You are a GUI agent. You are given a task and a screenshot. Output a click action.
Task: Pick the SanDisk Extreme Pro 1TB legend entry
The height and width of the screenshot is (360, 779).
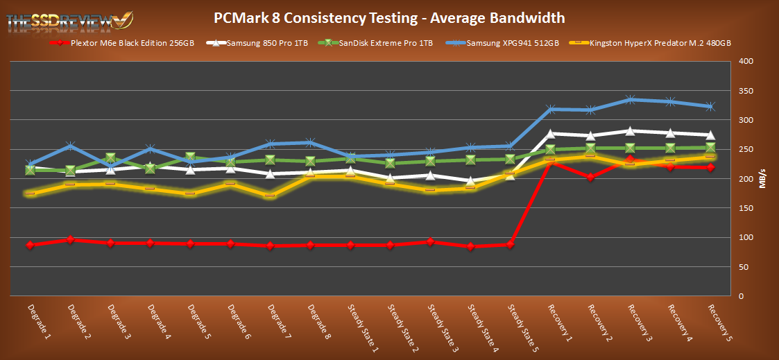pos(380,43)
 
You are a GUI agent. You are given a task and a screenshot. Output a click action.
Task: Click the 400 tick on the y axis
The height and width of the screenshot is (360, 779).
pos(744,62)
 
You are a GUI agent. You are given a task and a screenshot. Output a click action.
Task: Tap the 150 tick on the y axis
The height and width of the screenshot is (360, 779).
pos(744,208)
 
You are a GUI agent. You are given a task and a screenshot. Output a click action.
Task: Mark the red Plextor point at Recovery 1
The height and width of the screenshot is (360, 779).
pos(550,162)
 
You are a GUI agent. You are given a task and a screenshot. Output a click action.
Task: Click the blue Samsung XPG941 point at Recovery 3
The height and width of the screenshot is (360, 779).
pos(631,100)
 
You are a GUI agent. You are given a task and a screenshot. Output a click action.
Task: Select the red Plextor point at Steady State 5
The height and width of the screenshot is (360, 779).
pos(511,244)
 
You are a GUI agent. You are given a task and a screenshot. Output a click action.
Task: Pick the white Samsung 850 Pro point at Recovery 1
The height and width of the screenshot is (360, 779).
pos(551,134)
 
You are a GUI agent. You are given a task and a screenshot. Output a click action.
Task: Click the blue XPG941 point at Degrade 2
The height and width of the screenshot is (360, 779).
pos(70,146)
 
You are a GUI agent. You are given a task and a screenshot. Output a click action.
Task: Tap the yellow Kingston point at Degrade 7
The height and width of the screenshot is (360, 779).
pos(270,195)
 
